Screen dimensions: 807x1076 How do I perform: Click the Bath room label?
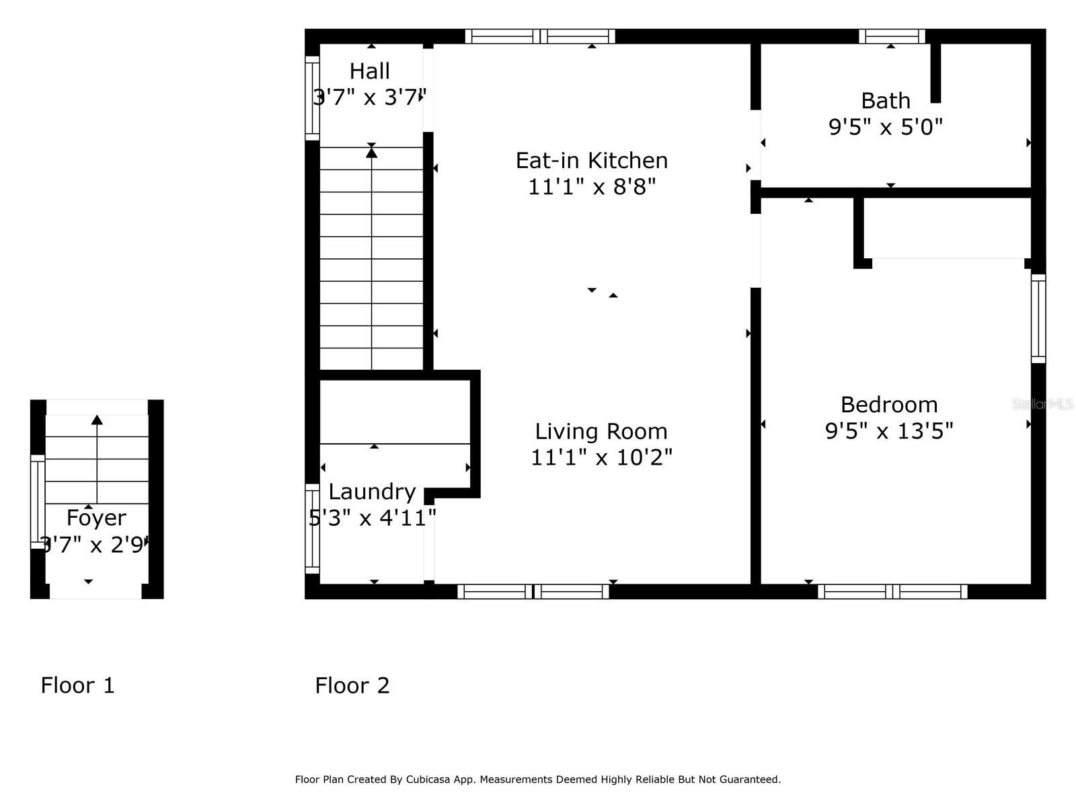[886, 101]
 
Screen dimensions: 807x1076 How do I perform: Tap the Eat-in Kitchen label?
[592, 161]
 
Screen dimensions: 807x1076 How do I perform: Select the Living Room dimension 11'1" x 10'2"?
[601, 457]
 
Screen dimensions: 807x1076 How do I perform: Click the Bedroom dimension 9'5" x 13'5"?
[889, 430]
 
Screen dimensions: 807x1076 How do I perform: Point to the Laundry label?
[372, 492]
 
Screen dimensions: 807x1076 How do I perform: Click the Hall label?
[369, 71]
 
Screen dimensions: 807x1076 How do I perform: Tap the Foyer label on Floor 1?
[96, 518]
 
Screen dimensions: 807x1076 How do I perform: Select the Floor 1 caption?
[77, 685]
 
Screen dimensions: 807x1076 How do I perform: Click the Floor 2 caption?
[352, 685]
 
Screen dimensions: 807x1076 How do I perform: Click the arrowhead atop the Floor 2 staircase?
[371, 153]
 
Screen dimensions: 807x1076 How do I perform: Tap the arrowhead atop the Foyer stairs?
[97, 420]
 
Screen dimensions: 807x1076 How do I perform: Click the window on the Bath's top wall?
[892, 36]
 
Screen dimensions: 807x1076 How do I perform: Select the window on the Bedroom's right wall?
[1038, 319]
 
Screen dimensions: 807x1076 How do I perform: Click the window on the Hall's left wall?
[312, 98]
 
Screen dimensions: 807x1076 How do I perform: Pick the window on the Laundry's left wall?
[312, 529]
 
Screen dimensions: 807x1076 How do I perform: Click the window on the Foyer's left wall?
[38, 502]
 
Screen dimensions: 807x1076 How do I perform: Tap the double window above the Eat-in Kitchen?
[540, 36]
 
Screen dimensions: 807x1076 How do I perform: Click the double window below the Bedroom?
[892, 592]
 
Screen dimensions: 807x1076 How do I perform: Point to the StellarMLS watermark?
[1042, 404]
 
